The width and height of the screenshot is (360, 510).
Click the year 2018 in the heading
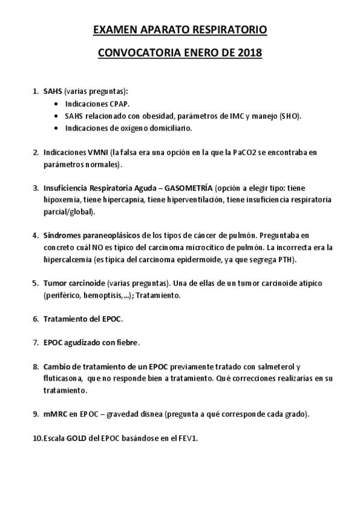(250, 53)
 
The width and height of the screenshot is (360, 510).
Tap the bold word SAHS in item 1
(52, 91)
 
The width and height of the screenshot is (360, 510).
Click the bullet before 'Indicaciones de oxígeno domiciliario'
(56, 128)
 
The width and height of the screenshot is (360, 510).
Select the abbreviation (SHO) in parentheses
(290, 115)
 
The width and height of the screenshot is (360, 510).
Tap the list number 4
(35, 235)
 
